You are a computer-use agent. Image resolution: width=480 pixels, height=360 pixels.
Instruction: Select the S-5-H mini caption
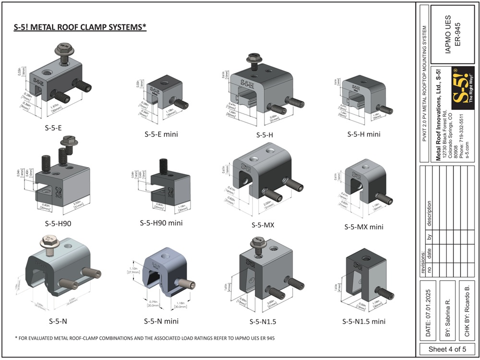[364, 134]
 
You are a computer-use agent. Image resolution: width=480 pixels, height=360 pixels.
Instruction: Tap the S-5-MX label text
[263, 224]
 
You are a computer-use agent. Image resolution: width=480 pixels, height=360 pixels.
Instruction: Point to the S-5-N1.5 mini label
[364, 321]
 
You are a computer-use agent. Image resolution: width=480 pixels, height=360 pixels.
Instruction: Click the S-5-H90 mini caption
[161, 223]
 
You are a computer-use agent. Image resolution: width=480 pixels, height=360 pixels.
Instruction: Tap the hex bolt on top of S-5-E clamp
[64, 49]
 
